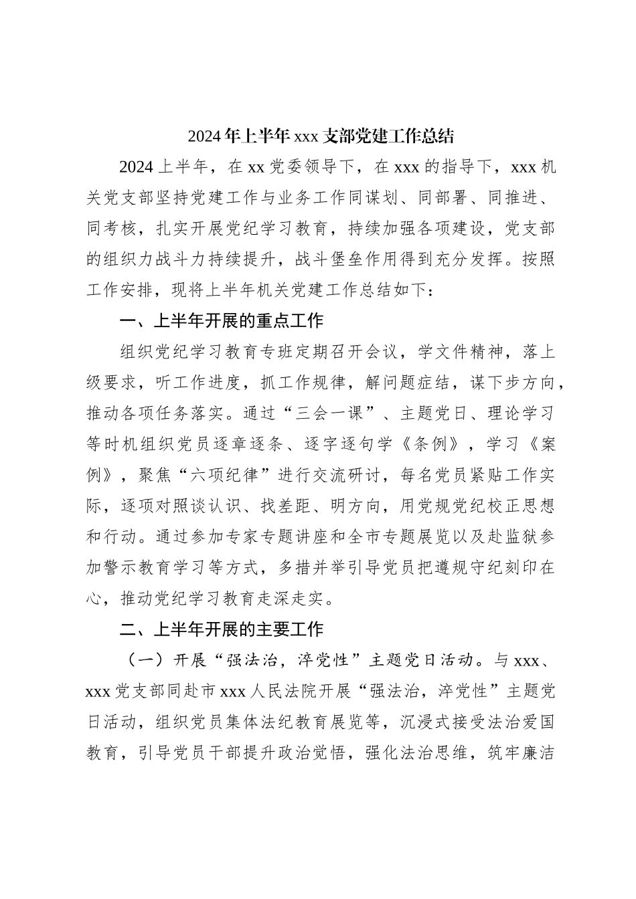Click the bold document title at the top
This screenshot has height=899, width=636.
pos(321,136)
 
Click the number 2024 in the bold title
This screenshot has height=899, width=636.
pos(203,136)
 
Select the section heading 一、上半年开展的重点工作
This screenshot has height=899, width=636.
pos(221,321)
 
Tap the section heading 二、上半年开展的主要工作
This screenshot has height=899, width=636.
pos(221,629)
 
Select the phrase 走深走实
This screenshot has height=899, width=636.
pos(301,599)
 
